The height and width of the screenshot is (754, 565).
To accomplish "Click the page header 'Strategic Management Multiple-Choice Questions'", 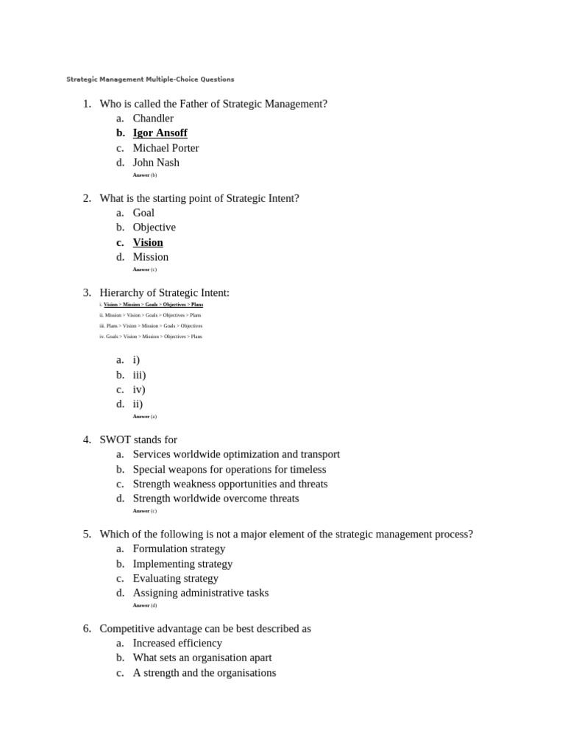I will pyautogui.click(x=150, y=80).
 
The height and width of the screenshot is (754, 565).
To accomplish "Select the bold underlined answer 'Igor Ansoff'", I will pyautogui.click(x=160, y=133).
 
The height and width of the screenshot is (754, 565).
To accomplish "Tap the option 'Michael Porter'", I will pyautogui.click(x=166, y=148).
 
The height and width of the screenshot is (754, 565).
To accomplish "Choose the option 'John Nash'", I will pyautogui.click(x=156, y=163).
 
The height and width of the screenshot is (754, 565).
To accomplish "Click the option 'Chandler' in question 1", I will pyautogui.click(x=153, y=119).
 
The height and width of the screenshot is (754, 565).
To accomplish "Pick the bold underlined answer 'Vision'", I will pyautogui.click(x=148, y=242).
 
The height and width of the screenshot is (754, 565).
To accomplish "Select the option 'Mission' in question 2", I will pyautogui.click(x=150, y=257).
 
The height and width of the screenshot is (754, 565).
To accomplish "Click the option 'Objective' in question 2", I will pyautogui.click(x=154, y=228).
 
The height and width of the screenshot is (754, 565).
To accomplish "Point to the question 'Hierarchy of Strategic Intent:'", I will pyautogui.click(x=164, y=293).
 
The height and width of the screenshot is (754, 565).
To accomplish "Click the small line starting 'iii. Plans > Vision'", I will pyautogui.click(x=151, y=325).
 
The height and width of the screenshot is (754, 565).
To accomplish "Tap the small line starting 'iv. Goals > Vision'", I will pyautogui.click(x=151, y=337).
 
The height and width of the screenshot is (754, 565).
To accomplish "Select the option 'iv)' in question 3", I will pyautogui.click(x=139, y=390).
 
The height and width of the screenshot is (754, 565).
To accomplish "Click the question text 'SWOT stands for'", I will pyautogui.click(x=138, y=440).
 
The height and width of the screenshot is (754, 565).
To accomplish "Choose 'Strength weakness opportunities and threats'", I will pyautogui.click(x=230, y=484).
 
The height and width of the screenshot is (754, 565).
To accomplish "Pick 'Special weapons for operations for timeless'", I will pyautogui.click(x=229, y=469).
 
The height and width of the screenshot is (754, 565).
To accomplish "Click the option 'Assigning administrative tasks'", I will pyautogui.click(x=200, y=593).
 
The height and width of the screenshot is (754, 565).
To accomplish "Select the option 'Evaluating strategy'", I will pyautogui.click(x=175, y=578).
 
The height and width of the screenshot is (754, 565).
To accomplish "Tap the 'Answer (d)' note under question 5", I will pyautogui.click(x=145, y=605).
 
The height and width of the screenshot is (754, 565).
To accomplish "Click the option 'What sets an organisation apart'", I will pyautogui.click(x=202, y=658).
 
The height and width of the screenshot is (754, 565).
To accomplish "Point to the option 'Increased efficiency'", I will pyautogui.click(x=177, y=643).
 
